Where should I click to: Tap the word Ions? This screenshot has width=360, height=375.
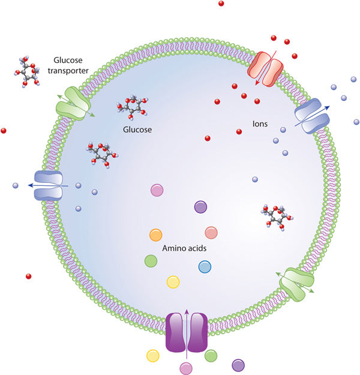(260, 125)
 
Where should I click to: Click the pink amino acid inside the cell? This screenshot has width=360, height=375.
(157, 190)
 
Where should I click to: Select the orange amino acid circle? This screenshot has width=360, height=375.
(155, 234)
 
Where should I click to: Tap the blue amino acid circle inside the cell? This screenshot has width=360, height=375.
(205, 266)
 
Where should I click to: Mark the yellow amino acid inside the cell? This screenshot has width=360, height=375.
(173, 281)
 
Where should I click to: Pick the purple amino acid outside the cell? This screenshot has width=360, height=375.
(238, 364)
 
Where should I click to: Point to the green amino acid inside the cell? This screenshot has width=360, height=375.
(151, 260)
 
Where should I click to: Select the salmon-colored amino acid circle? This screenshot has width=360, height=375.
(211, 232)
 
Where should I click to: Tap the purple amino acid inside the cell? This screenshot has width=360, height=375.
(200, 207)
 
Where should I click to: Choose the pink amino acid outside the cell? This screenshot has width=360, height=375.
(186, 367)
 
